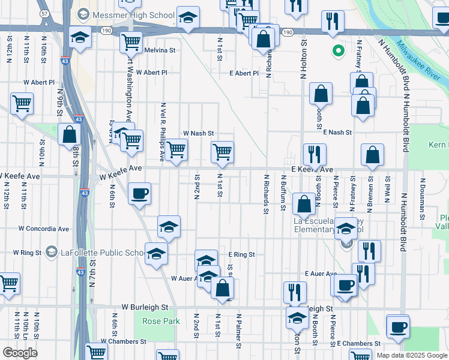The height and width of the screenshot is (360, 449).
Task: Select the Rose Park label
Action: click(x=161, y=321)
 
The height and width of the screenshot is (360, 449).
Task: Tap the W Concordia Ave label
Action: click(x=44, y=229)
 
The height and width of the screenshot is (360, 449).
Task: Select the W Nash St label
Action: click(x=198, y=133)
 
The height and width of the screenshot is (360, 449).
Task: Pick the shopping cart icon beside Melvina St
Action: click(x=131, y=43)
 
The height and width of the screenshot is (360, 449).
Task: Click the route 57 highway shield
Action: click(x=44, y=13)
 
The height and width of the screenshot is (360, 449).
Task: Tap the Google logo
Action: click(x=20, y=353)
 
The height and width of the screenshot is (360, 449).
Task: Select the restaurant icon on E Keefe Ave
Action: click(x=314, y=154)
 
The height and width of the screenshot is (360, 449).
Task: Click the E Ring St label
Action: click(x=242, y=255)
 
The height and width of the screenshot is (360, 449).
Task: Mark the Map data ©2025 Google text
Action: click(x=411, y=355)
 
